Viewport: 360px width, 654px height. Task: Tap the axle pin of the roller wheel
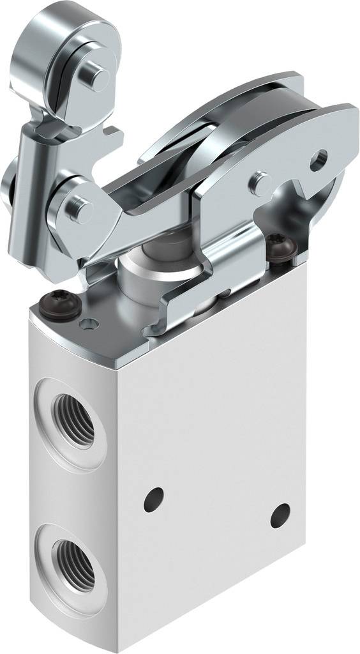[100, 77]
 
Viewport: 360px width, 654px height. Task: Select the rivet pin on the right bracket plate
[260, 182]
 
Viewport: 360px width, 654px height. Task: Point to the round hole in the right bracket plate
[319, 159]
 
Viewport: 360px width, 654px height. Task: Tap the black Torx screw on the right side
[278, 247]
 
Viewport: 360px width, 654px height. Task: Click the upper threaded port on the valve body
[73, 418]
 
